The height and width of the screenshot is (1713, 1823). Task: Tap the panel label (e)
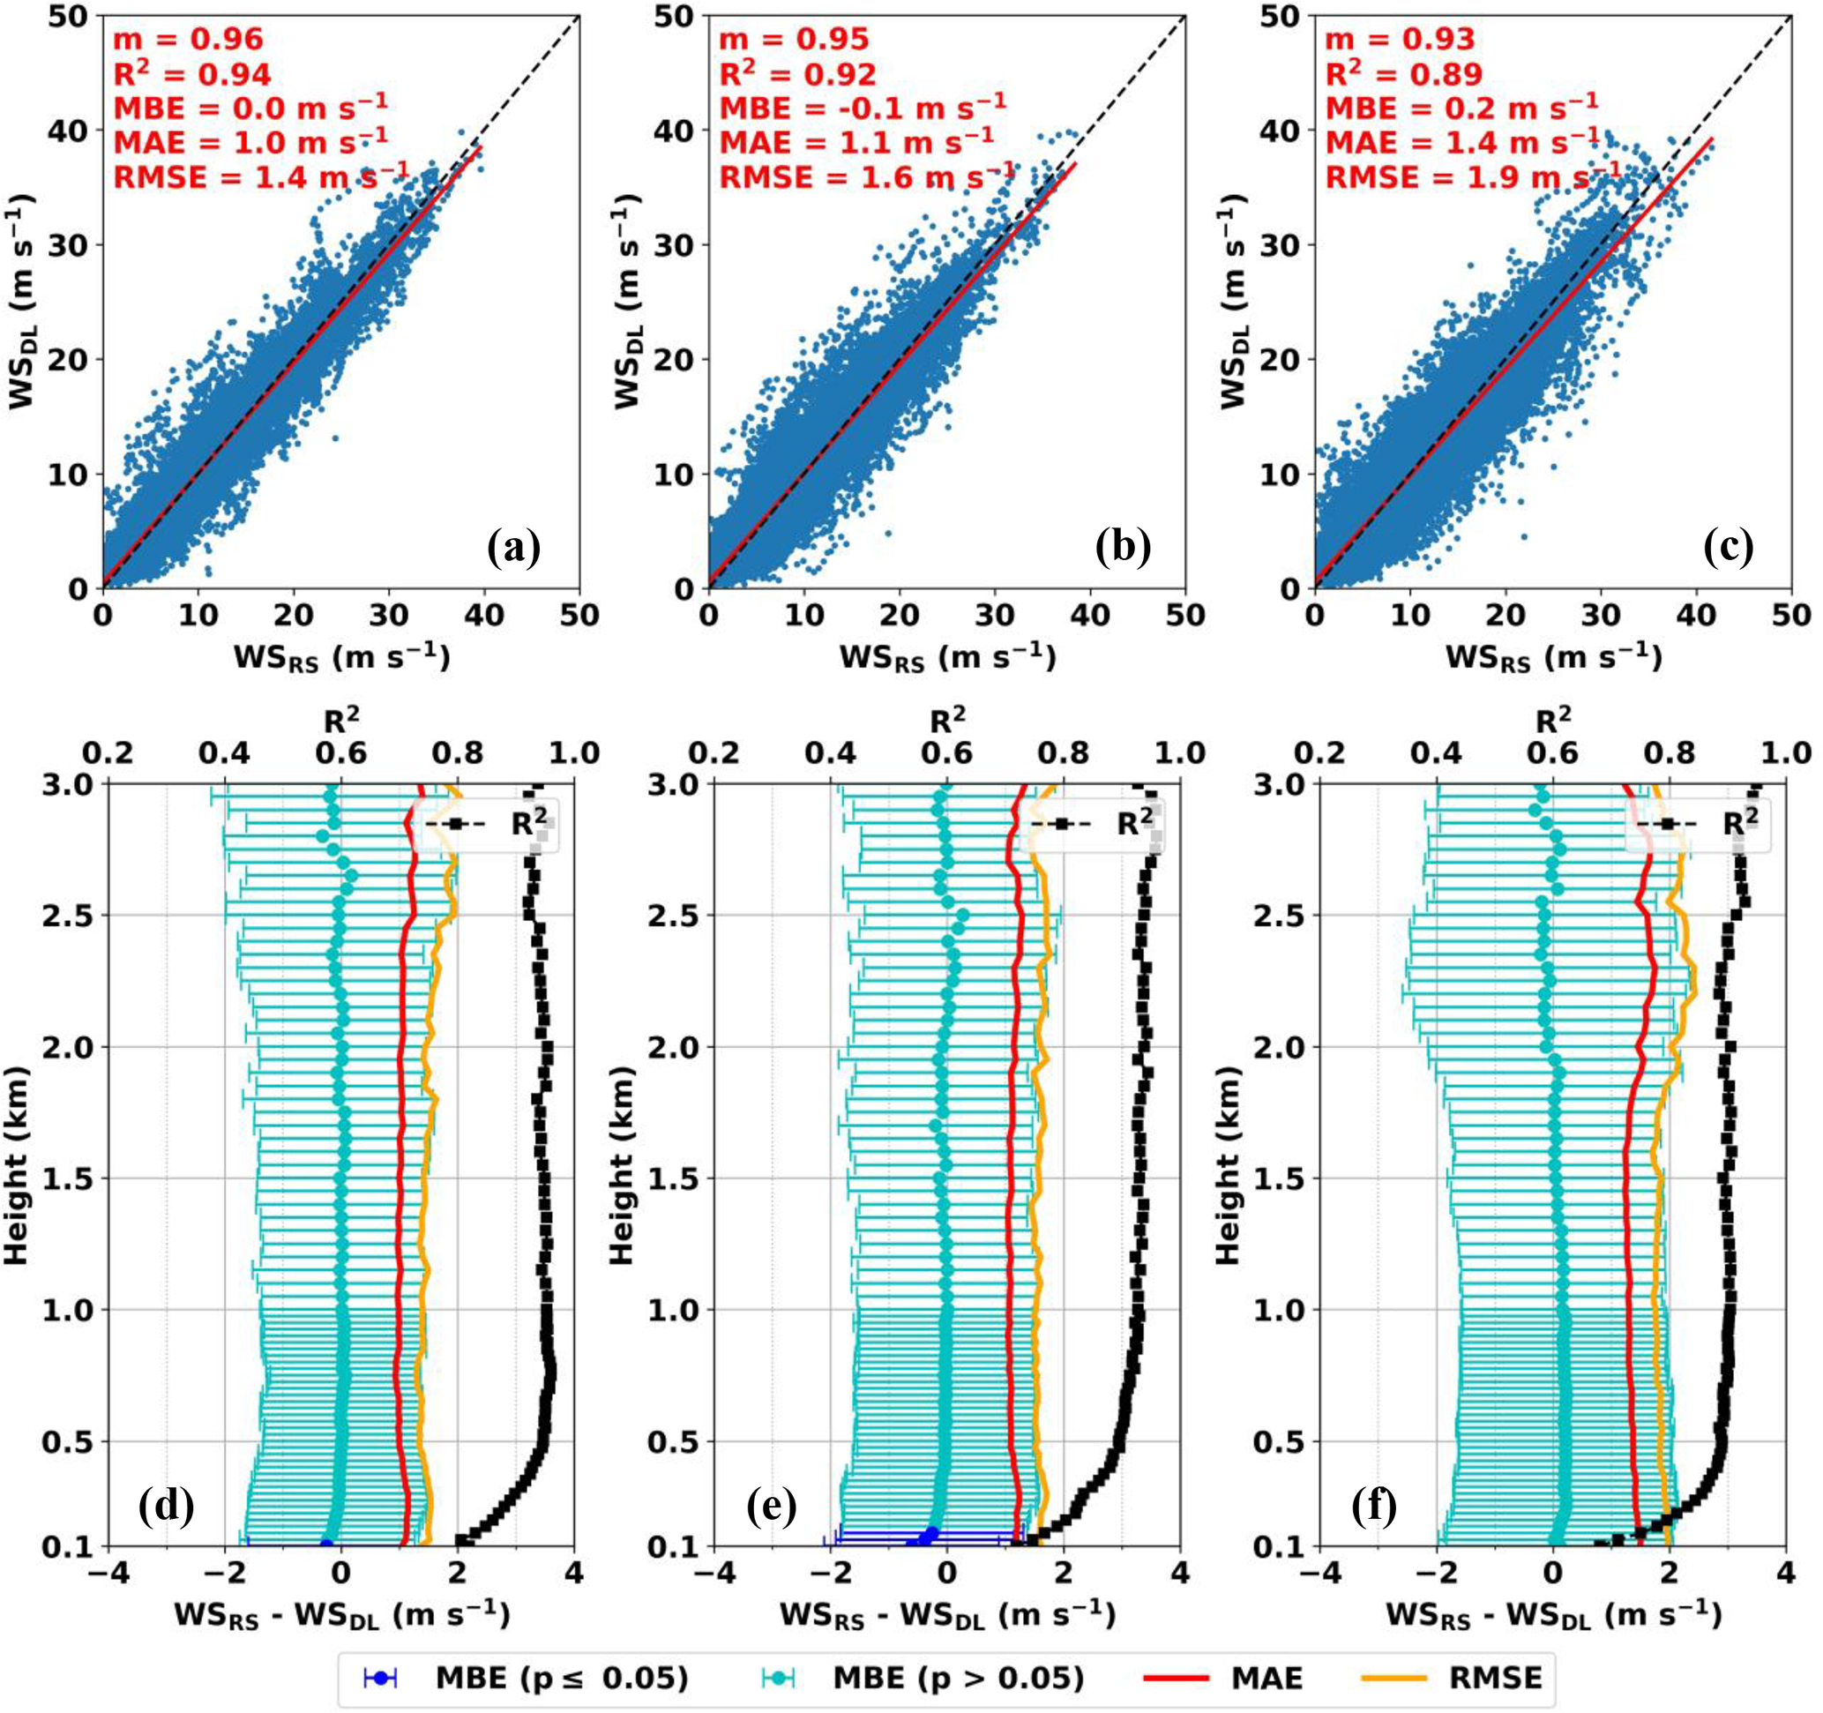(770, 1506)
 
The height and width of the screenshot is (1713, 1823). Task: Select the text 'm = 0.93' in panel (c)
(1400, 39)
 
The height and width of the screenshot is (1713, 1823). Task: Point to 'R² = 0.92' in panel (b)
(797, 73)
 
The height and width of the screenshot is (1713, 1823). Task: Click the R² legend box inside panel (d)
(491, 825)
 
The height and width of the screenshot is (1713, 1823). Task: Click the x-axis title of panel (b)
(946, 658)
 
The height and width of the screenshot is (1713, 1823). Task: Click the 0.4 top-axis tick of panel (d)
(225, 754)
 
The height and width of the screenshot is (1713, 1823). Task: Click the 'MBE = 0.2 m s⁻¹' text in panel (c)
(1461, 108)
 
